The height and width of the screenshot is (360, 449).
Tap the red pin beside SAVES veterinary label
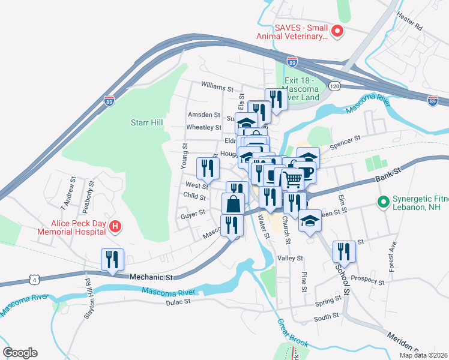click(x=337, y=31)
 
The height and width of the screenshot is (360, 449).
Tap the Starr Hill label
click(x=147, y=122)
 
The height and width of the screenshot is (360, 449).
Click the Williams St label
click(x=217, y=88)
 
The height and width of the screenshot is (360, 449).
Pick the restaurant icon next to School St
click(x=344, y=250)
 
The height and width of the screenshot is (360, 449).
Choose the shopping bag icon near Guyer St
click(x=234, y=204)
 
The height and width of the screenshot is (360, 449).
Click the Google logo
click(x=20, y=352)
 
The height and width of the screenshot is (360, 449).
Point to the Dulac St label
click(x=178, y=302)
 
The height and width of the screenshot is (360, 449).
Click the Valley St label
click(x=291, y=258)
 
